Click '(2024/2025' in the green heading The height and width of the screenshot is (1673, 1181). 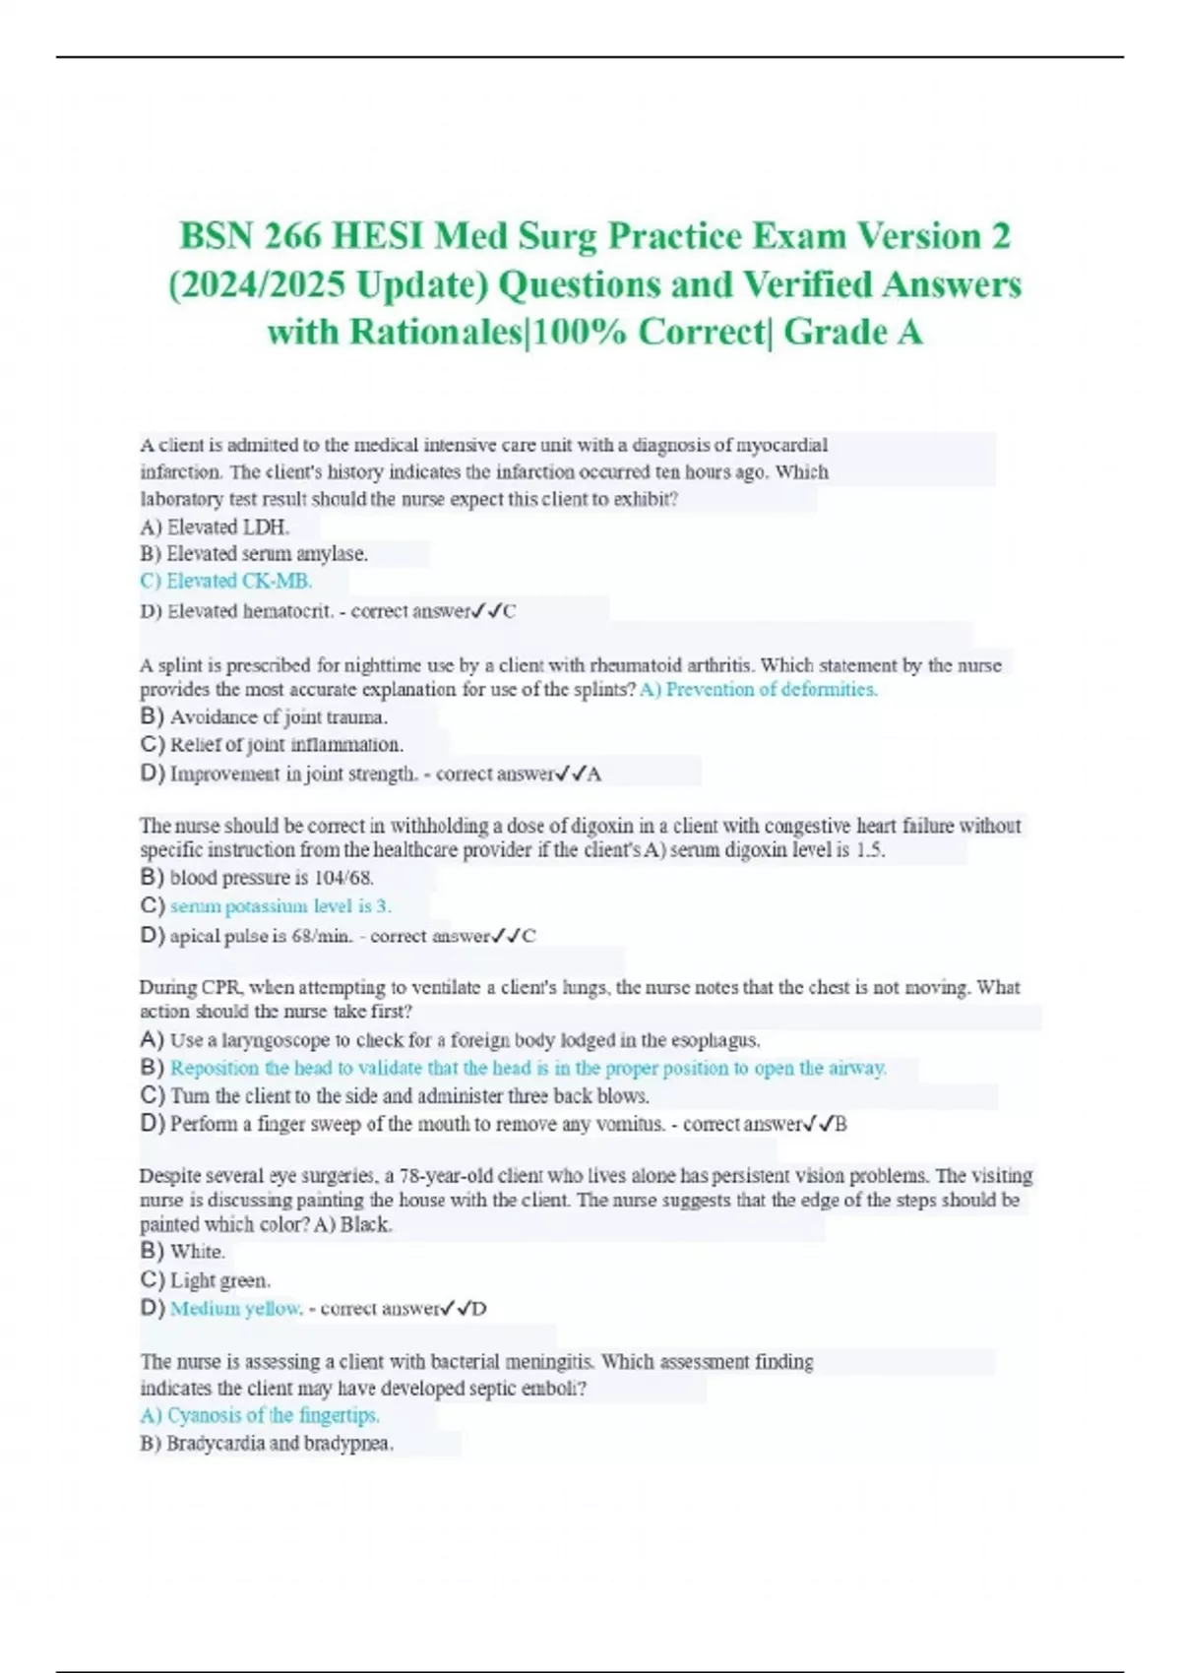[x=257, y=285]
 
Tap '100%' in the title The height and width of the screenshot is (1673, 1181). [x=579, y=333]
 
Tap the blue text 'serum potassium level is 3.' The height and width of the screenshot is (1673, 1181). [x=280, y=905]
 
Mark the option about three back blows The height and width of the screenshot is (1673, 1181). [x=409, y=1095]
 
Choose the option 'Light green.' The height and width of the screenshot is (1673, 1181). [x=219, y=1280]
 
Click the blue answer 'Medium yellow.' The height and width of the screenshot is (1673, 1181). [x=236, y=1308]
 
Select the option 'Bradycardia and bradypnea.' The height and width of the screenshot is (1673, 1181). [x=280, y=1444]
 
